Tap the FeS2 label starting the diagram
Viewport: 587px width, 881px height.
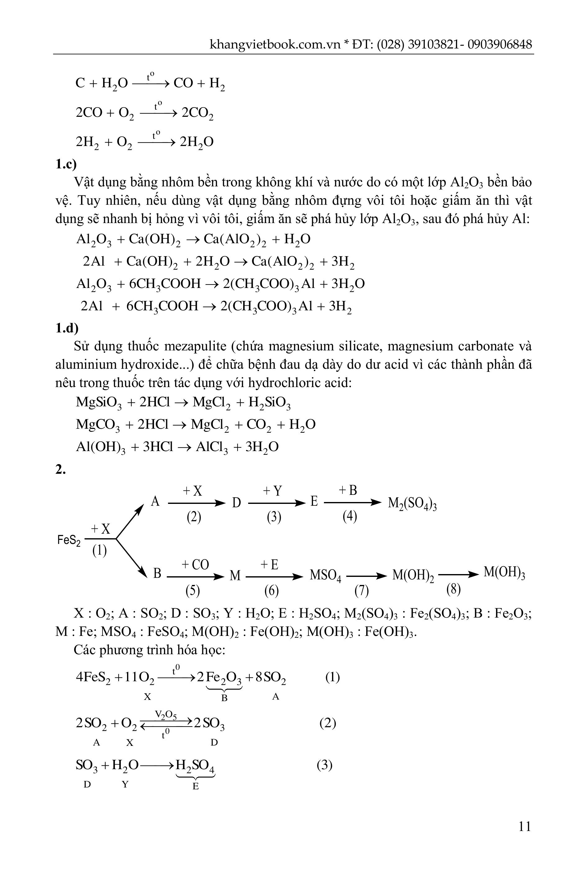point(69,540)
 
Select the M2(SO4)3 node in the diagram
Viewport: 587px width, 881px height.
point(412,504)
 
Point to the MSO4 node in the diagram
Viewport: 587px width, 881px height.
point(325,575)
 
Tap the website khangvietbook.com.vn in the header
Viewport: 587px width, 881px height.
point(275,44)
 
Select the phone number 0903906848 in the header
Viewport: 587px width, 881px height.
point(499,44)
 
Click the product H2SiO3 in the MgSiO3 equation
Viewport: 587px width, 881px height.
point(269,403)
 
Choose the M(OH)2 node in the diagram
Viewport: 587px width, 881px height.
point(413,575)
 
